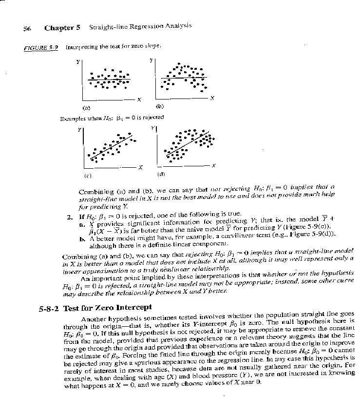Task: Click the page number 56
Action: [27, 28]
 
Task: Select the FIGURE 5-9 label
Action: [41, 47]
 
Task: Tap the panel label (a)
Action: [86, 107]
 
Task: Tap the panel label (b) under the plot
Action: [159, 106]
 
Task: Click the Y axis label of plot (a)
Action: [77, 62]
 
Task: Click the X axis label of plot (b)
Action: [212, 99]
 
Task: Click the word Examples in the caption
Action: [74, 118]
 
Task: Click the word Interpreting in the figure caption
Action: [80, 47]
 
